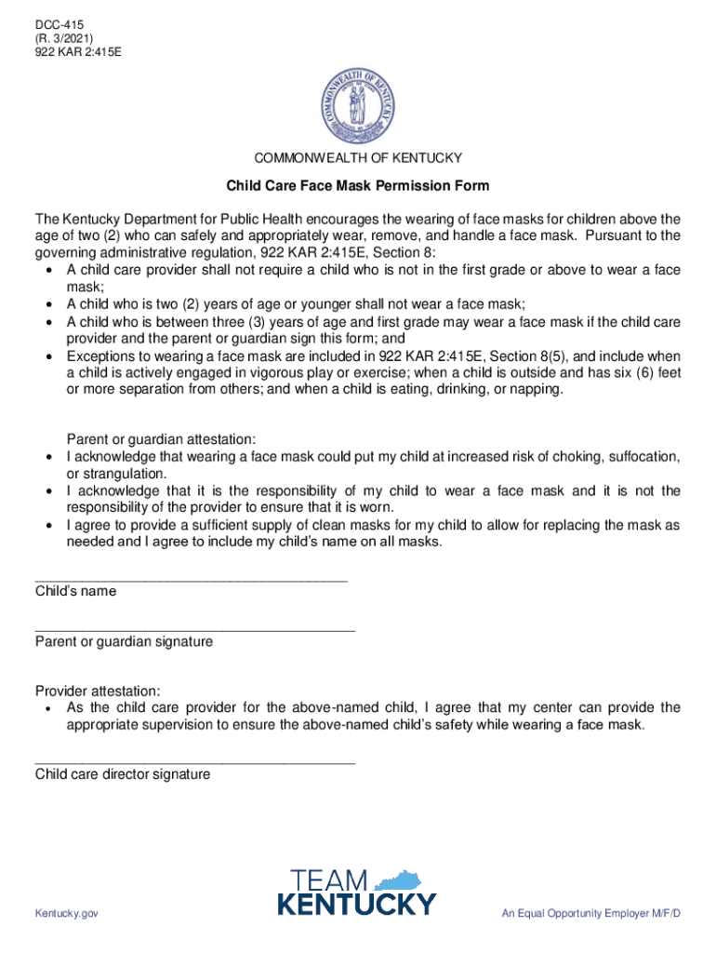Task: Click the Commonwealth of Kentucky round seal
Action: coord(358,102)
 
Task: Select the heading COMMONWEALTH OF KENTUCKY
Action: coord(358,158)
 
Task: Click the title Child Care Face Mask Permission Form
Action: coord(358,186)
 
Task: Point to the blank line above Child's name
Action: coord(191,579)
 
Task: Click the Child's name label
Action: coord(75,591)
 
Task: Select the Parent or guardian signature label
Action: coord(124,641)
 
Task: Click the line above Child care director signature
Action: coord(194,762)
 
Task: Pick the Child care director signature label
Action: coord(123,774)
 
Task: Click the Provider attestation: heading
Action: coord(98,691)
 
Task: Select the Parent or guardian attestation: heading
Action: coord(161,439)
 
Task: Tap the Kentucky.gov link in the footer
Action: coord(67,914)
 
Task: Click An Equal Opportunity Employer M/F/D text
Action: coord(590,914)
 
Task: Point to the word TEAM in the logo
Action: coord(330,880)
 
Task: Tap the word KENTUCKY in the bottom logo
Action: coord(357,905)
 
